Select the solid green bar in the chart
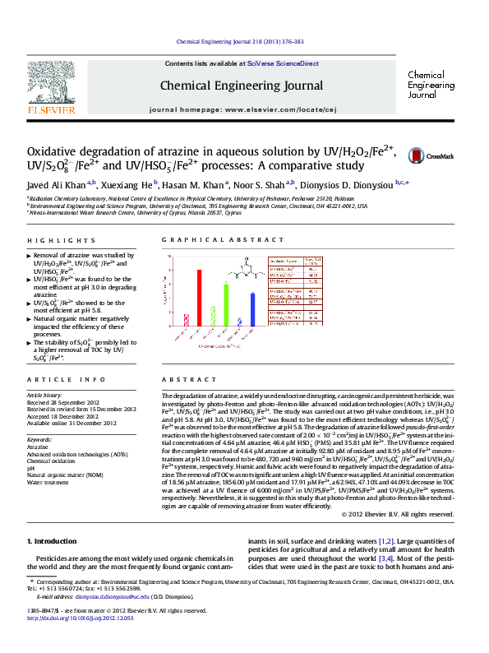pyautogui.click(x=226, y=306)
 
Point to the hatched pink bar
pyautogui.click(x=187, y=320)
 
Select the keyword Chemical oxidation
pyautogui.click(x=56, y=461)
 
